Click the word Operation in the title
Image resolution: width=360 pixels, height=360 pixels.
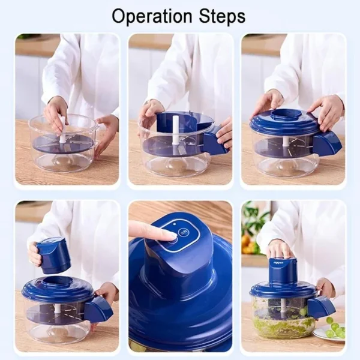[147, 16]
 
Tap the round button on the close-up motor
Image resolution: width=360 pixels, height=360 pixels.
[185, 232]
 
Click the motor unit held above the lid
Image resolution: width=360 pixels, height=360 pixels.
[53, 255]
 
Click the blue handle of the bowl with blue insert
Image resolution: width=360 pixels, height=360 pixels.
[215, 143]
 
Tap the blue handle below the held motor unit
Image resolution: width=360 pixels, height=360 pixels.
[98, 310]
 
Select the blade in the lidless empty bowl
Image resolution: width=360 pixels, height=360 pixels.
[62, 144]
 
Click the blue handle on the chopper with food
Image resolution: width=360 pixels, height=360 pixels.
[321, 307]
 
